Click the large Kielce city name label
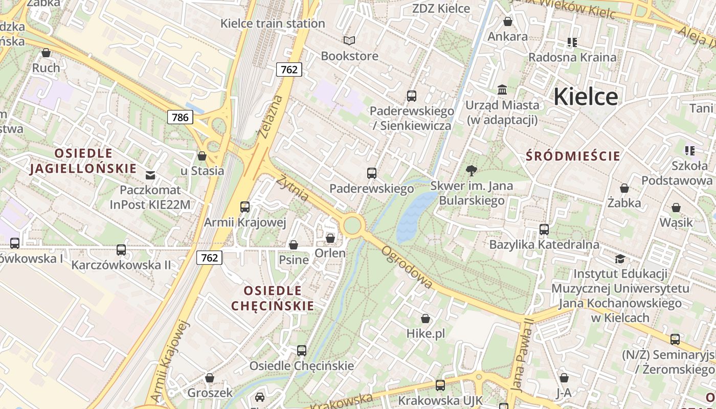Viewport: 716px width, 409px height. [586, 96]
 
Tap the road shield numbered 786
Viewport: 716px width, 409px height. [180, 117]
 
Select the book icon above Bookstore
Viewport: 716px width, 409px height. [349, 40]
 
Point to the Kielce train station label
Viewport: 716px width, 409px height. [273, 24]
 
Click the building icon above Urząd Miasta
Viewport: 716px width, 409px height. [502, 89]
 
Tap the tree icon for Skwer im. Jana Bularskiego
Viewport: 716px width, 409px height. [472, 170]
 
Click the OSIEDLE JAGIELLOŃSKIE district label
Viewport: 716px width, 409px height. [83, 161]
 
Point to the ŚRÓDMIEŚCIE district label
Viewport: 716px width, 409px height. [573, 156]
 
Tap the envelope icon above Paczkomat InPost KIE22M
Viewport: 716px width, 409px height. [150, 175]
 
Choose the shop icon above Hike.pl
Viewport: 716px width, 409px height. [426, 319]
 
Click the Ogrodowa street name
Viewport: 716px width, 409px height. [407, 267]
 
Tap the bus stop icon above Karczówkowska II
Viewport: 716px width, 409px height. [121, 249]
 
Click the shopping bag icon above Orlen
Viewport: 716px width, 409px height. [330, 238]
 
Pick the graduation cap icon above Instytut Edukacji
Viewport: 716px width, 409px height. [620, 259]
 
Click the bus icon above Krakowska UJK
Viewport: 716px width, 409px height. [440, 385]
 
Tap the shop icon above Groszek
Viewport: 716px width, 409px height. [210, 378]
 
